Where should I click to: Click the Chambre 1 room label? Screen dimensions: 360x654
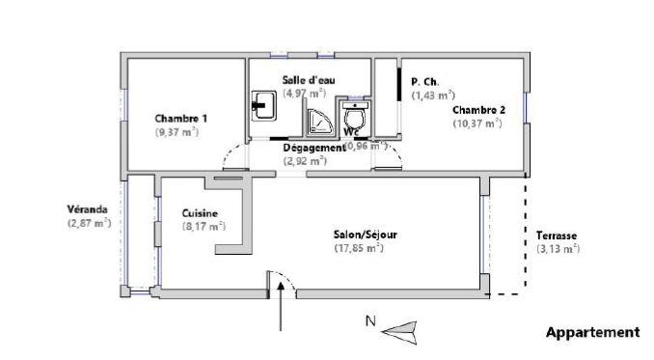click(180, 118)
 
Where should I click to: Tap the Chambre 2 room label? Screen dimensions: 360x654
click(478, 109)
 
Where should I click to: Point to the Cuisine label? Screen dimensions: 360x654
click(200, 213)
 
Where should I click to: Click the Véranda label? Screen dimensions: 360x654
click(87, 208)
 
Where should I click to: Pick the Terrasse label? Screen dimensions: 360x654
click(558, 235)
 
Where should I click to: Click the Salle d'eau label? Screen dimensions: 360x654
click(309, 79)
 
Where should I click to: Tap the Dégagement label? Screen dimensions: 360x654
click(313, 148)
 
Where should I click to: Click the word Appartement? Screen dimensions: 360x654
click(592, 332)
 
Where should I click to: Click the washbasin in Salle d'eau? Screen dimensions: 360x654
click(262, 103)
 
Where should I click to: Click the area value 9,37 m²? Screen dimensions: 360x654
click(177, 131)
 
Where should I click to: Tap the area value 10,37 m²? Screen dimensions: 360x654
click(479, 123)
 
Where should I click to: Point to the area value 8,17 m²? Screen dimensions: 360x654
click(204, 227)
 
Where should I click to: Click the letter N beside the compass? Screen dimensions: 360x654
click(368, 322)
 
